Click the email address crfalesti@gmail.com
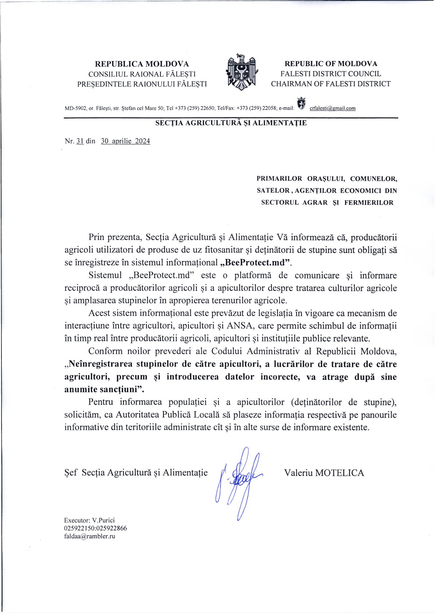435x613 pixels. pyautogui.click(x=332, y=108)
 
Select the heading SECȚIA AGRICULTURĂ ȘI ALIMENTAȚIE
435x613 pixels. pyautogui.click(x=231, y=123)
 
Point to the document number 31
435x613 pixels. pyautogui.click(x=80, y=141)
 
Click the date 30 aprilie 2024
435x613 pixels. pyautogui.click(x=125, y=141)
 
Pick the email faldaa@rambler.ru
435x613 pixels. pyautogui.click(x=90, y=536)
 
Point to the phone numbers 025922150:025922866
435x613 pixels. pyautogui.click(x=95, y=528)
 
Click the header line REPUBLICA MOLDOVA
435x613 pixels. pyautogui.click(x=142, y=64)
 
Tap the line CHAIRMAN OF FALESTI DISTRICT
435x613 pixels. pyautogui.click(x=331, y=84)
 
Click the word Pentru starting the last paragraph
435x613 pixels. pyautogui.click(x=100, y=402)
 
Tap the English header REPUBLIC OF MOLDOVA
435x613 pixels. pyautogui.click(x=331, y=64)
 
